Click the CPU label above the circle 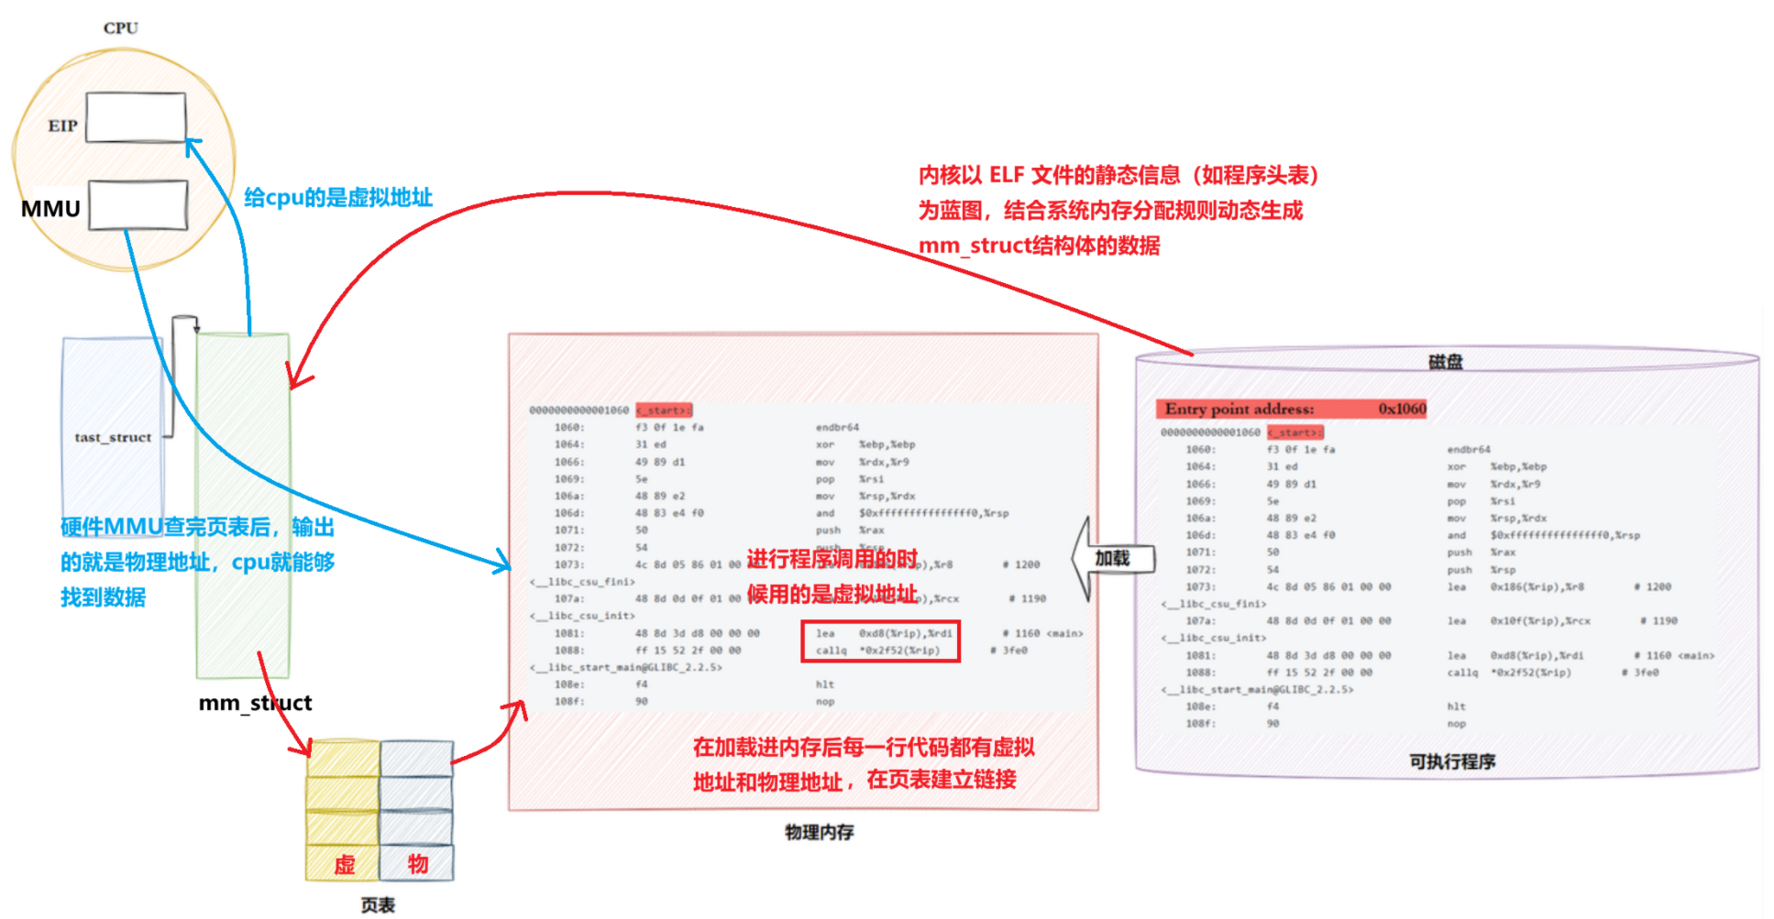pyautogui.click(x=120, y=28)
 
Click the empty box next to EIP pyautogui.click(x=136, y=117)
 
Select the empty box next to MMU pyautogui.click(x=138, y=204)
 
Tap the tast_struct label pyautogui.click(x=113, y=437)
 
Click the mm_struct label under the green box pyautogui.click(x=255, y=703)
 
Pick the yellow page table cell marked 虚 pyautogui.click(x=344, y=864)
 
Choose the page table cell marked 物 pyautogui.click(x=417, y=863)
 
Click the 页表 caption pyautogui.click(x=377, y=905)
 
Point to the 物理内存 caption pyautogui.click(x=819, y=832)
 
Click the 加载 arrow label pyautogui.click(x=1112, y=558)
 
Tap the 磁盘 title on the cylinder pyautogui.click(x=1445, y=362)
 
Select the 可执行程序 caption pyautogui.click(x=1452, y=761)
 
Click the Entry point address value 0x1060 pyautogui.click(x=1402, y=409)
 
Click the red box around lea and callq pyautogui.click(x=880, y=641)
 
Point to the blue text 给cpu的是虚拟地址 pyautogui.click(x=337, y=198)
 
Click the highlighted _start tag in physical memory pyautogui.click(x=664, y=410)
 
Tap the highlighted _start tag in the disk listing pyautogui.click(x=1295, y=432)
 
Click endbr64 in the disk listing pyautogui.click(x=1469, y=450)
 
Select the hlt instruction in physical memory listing pyautogui.click(x=825, y=684)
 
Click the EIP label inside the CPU pyautogui.click(x=62, y=126)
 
